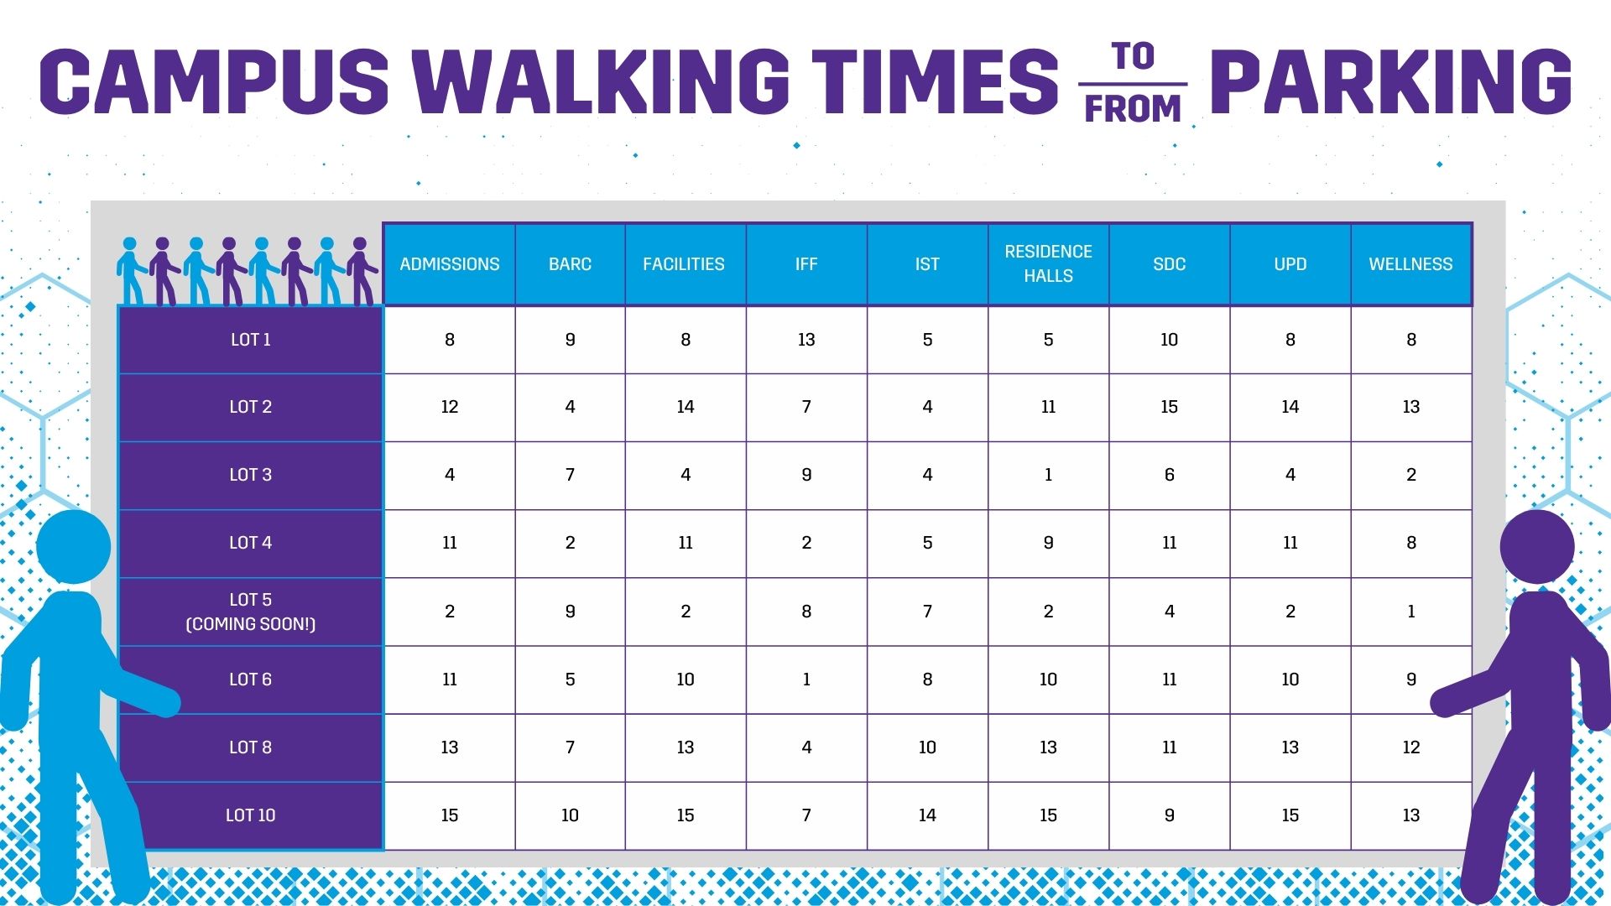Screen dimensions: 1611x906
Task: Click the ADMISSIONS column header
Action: click(449, 264)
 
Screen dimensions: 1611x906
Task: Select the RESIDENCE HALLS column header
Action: click(1048, 263)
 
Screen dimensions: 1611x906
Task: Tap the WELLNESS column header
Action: click(1410, 264)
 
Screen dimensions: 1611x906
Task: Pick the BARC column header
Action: click(570, 264)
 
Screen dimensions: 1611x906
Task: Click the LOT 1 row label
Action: click(250, 340)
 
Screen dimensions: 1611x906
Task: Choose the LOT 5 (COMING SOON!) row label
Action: click(250, 612)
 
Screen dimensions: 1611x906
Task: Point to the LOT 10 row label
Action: click(250, 815)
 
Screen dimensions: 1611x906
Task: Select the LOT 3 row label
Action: click(250, 475)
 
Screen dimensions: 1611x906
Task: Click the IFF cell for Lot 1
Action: click(806, 340)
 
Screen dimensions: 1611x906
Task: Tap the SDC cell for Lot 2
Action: click(1169, 407)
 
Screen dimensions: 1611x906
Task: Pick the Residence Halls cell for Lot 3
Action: click(1048, 475)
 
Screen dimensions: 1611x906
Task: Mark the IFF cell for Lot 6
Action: click(806, 679)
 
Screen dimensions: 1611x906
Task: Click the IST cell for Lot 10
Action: click(927, 815)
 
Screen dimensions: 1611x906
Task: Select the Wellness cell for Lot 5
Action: click(1411, 612)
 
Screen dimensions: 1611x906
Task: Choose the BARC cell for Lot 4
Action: click(570, 543)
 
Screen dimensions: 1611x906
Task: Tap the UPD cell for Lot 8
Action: click(1290, 747)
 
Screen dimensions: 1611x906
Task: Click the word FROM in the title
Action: click(1133, 109)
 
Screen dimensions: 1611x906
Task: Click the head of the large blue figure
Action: click(73, 547)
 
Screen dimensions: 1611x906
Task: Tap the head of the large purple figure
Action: click(1537, 547)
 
